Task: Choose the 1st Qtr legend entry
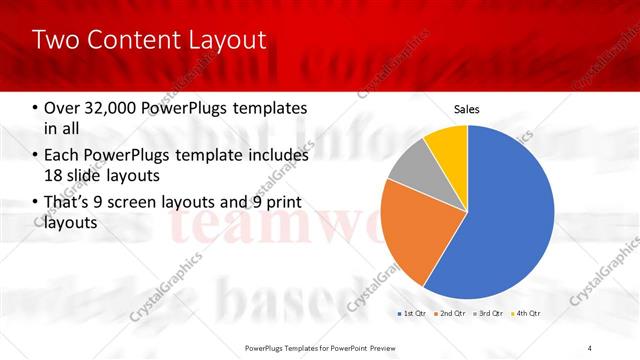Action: [415, 315]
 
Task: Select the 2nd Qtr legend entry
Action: [451, 315]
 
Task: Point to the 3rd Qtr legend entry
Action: [487, 315]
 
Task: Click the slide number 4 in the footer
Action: [590, 347]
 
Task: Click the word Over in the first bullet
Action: [62, 108]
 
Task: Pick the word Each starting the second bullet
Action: [62, 155]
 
